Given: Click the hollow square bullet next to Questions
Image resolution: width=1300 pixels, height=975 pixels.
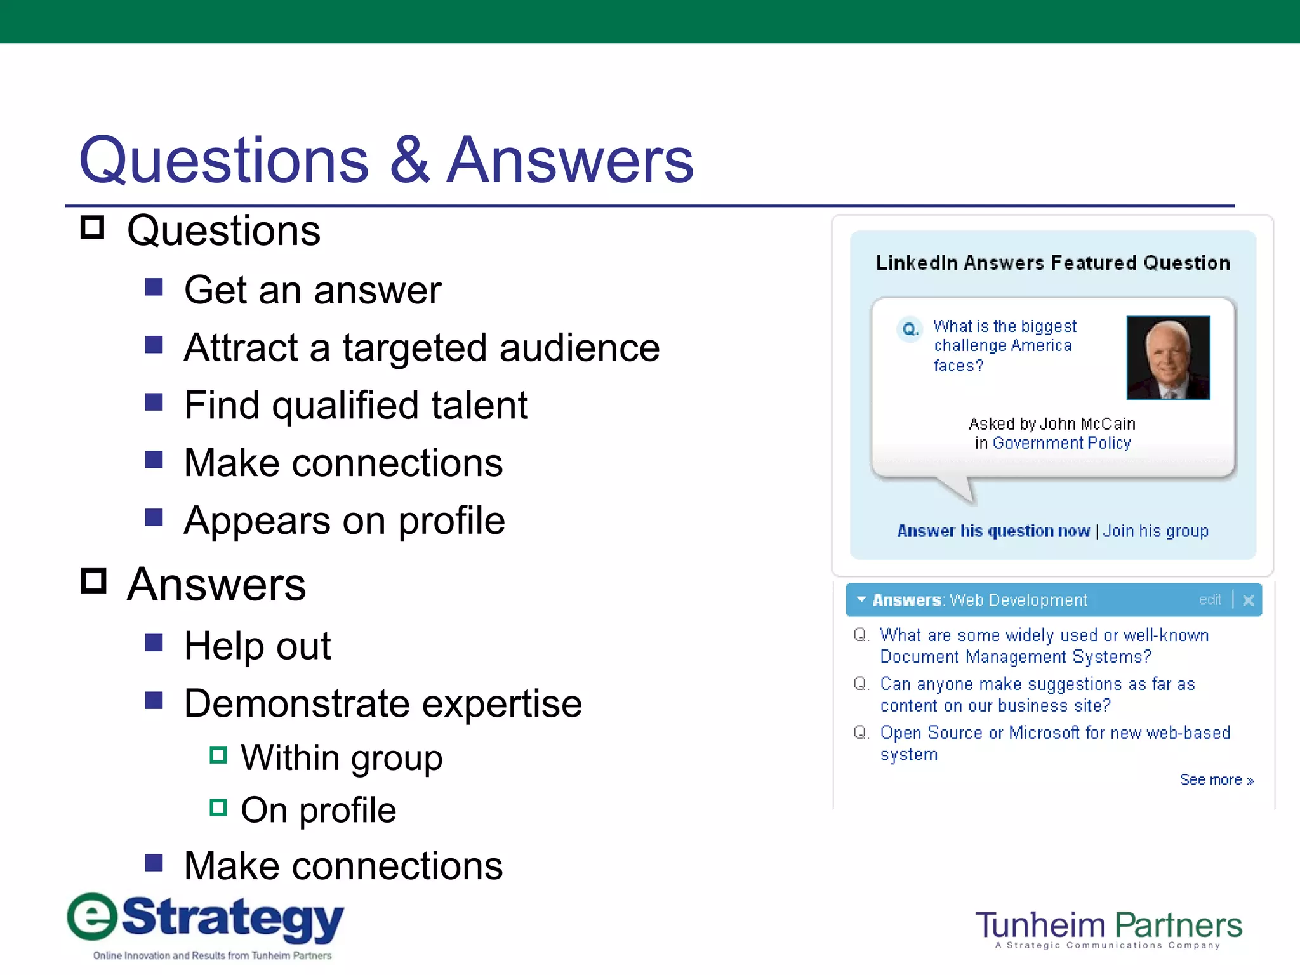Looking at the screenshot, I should pyautogui.click(x=93, y=227).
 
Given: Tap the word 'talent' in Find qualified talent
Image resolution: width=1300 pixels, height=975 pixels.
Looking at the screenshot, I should pyautogui.click(x=479, y=405).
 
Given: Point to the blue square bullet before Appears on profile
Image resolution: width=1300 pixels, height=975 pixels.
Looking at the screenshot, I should pyautogui.click(x=154, y=517).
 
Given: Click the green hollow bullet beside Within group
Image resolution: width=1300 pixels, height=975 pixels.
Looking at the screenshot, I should pyautogui.click(x=218, y=755).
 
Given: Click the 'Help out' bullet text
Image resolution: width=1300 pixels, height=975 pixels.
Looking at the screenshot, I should pyautogui.click(x=257, y=646).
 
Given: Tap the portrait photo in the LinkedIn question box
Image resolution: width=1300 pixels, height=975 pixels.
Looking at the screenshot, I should pyautogui.click(x=1168, y=357).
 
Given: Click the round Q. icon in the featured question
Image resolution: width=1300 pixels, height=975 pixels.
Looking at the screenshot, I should pyautogui.click(x=910, y=329).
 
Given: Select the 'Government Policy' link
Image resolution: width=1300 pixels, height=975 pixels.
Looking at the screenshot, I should pyautogui.click(x=1061, y=443).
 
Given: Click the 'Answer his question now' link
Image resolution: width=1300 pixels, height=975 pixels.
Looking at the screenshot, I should pyautogui.click(x=993, y=531).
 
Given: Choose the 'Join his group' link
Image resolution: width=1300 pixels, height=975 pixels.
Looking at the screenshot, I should pyautogui.click(x=1155, y=531).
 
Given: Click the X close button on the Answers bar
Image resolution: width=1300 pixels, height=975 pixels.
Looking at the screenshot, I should pyautogui.click(x=1248, y=600).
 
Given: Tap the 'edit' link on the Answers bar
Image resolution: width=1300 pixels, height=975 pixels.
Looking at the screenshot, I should pyautogui.click(x=1209, y=600).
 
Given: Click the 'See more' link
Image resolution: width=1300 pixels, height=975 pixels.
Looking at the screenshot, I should pyautogui.click(x=1216, y=779).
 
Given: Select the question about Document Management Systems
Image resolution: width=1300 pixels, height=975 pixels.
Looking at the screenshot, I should pyautogui.click(x=1044, y=646).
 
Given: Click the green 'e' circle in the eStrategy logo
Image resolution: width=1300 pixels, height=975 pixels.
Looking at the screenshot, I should pyautogui.click(x=93, y=917).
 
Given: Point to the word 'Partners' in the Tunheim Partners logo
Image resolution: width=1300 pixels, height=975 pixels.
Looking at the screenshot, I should pyautogui.click(x=1178, y=925).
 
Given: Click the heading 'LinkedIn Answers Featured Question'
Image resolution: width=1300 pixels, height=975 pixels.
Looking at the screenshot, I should pyautogui.click(x=1052, y=263).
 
